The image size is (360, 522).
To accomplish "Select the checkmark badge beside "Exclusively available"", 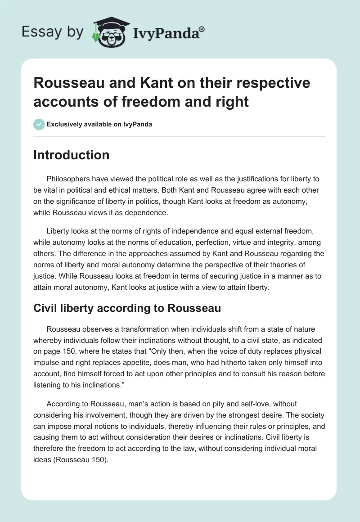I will click(39, 124).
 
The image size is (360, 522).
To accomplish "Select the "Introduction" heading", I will click(71, 155).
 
